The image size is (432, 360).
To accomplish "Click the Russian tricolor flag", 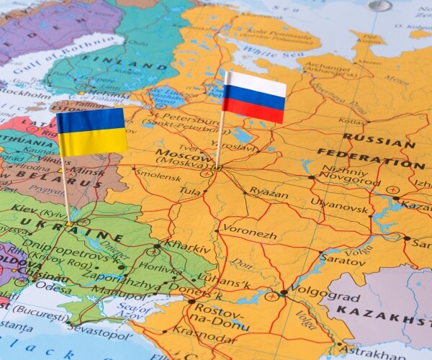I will (x=253, y=97).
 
